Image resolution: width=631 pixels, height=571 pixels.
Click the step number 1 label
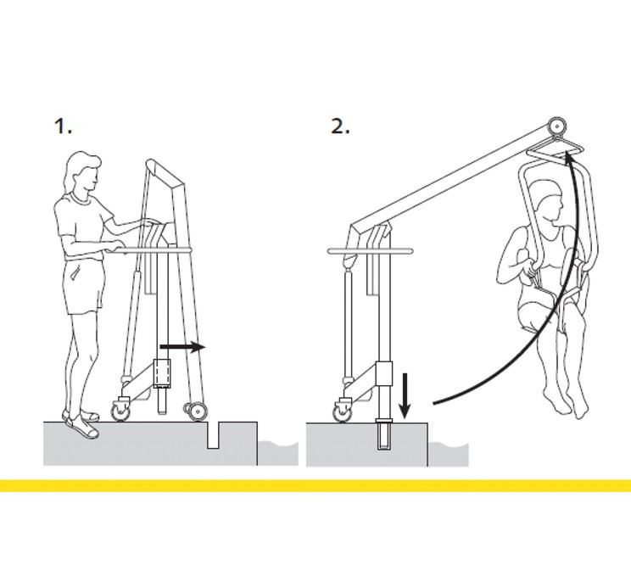[63, 126]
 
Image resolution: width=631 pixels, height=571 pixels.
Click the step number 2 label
[340, 126]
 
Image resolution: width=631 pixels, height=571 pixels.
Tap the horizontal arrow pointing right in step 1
[182, 347]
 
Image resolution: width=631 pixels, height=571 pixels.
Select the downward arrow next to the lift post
[405, 396]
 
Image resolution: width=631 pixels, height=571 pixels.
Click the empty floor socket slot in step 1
[213, 435]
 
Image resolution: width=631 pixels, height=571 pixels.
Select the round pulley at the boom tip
[557, 126]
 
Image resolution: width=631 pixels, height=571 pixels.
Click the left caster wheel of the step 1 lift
[120, 411]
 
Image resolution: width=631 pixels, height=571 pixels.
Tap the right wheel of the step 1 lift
[198, 411]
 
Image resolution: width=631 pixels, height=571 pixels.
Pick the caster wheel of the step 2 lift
[343, 412]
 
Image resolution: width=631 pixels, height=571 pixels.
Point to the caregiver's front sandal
[83, 428]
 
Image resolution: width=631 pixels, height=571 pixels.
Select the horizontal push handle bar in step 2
[371, 251]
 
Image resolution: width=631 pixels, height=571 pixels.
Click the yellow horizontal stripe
[315, 485]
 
